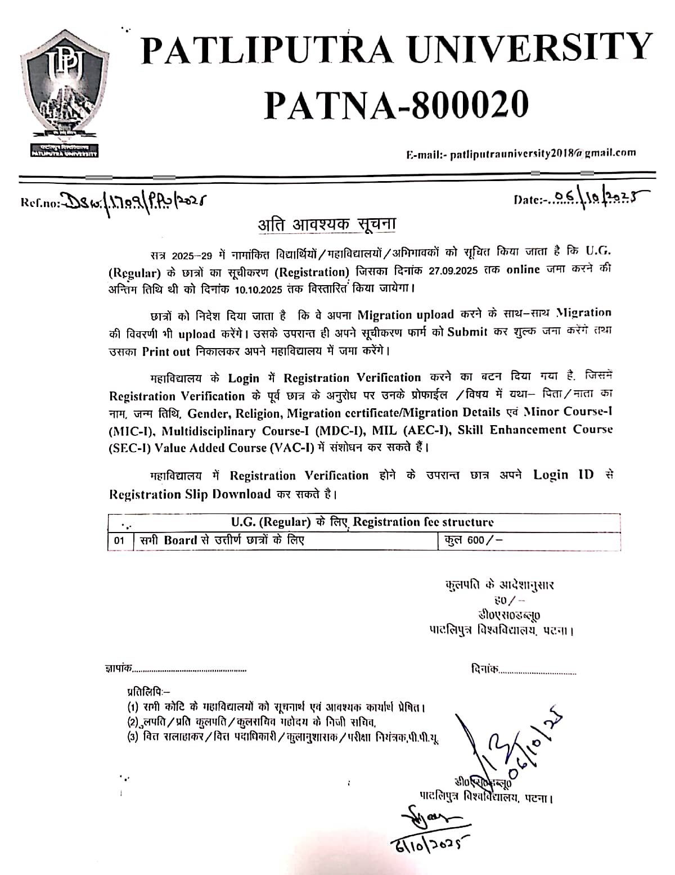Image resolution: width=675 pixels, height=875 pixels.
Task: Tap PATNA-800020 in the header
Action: pyautogui.click(x=397, y=104)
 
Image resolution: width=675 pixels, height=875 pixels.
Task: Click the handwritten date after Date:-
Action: pyautogui.click(x=596, y=197)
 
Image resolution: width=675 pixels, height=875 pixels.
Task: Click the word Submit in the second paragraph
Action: pyautogui.click(x=467, y=332)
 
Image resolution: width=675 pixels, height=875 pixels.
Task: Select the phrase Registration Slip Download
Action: pyautogui.click(x=190, y=494)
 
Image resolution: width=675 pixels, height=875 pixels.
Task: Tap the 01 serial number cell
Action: pyautogui.click(x=119, y=541)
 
